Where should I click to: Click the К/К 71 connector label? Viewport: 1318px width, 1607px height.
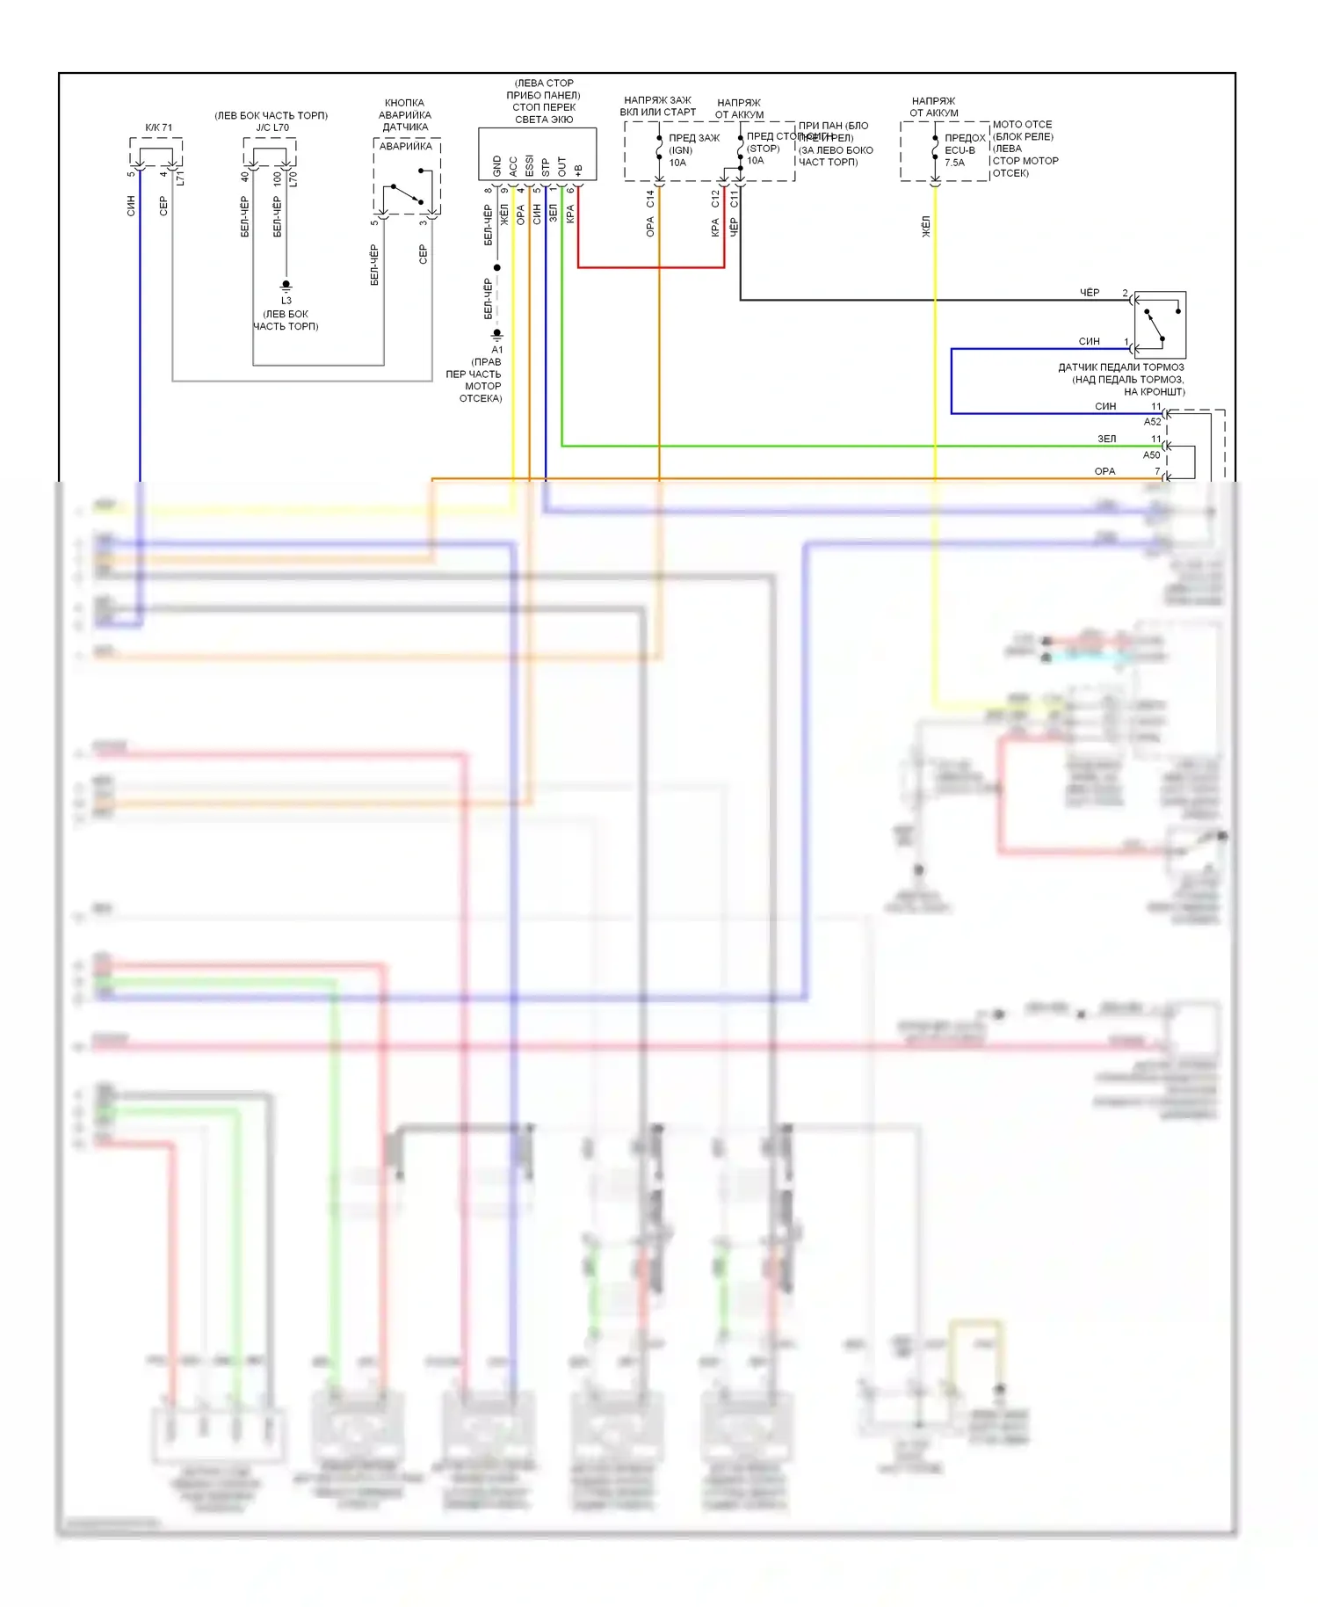(x=159, y=127)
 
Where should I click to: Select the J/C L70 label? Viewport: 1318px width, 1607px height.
(x=272, y=127)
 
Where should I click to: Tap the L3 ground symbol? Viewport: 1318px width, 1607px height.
(x=286, y=286)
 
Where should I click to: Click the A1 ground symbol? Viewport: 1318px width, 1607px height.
(x=496, y=334)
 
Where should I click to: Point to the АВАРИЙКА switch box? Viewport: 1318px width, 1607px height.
(x=407, y=177)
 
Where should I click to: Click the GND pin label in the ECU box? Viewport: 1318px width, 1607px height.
(x=497, y=165)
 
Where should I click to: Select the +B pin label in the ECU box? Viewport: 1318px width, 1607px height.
(x=578, y=168)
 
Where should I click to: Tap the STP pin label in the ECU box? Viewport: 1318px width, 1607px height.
(x=546, y=166)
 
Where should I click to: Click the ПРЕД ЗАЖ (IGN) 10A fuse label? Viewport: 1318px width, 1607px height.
(x=693, y=150)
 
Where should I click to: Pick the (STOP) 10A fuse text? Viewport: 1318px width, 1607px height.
(x=763, y=155)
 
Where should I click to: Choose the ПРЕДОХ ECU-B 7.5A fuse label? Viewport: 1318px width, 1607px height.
(x=964, y=150)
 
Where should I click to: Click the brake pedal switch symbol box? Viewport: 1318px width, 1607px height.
(x=1160, y=324)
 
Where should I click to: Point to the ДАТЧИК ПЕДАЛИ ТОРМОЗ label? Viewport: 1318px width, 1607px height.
(x=1120, y=367)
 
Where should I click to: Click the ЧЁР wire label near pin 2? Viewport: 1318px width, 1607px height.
(x=1090, y=293)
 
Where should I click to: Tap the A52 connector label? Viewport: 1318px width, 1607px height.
(x=1152, y=422)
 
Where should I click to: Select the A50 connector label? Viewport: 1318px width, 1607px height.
(x=1151, y=455)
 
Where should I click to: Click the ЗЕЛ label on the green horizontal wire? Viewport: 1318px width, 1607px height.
(x=1106, y=439)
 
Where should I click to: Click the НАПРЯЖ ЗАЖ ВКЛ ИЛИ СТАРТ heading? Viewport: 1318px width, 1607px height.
(x=657, y=106)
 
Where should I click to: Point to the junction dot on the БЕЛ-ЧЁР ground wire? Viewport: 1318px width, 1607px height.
(x=497, y=267)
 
